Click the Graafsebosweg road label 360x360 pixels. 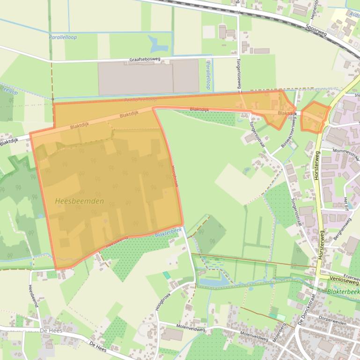point(144,60)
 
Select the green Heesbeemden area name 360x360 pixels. point(79,201)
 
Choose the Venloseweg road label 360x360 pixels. point(344,280)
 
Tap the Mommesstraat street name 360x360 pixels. point(346,154)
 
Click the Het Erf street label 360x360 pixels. point(346,204)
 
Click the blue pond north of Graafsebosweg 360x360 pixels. point(158,44)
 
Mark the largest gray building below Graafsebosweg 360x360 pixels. point(135,78)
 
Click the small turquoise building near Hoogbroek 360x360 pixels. point(167,275)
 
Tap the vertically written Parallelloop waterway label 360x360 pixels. point(208,75)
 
